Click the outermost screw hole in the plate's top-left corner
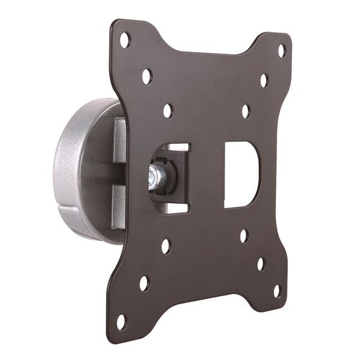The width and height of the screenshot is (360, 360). tap(125, 40)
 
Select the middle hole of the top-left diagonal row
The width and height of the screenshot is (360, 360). tap(147, 76)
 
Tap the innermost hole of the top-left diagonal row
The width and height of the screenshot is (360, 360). tap(167, 110)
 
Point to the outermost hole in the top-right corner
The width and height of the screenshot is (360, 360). tap(281, 50)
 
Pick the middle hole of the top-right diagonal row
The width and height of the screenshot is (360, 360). tap(264, 81)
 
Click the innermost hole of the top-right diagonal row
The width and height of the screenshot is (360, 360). tap(246, 111)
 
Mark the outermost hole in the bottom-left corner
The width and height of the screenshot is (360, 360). tap(121, 321)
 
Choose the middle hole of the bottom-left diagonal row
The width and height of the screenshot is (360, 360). tap(144, 283)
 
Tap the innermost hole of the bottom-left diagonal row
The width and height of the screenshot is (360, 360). tap(166, 246)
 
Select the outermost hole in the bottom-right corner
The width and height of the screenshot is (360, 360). tap(277, 290)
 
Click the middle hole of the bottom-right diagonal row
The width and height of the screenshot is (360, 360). tap(260, 264)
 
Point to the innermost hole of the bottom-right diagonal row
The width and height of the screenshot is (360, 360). tap(244, 236)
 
